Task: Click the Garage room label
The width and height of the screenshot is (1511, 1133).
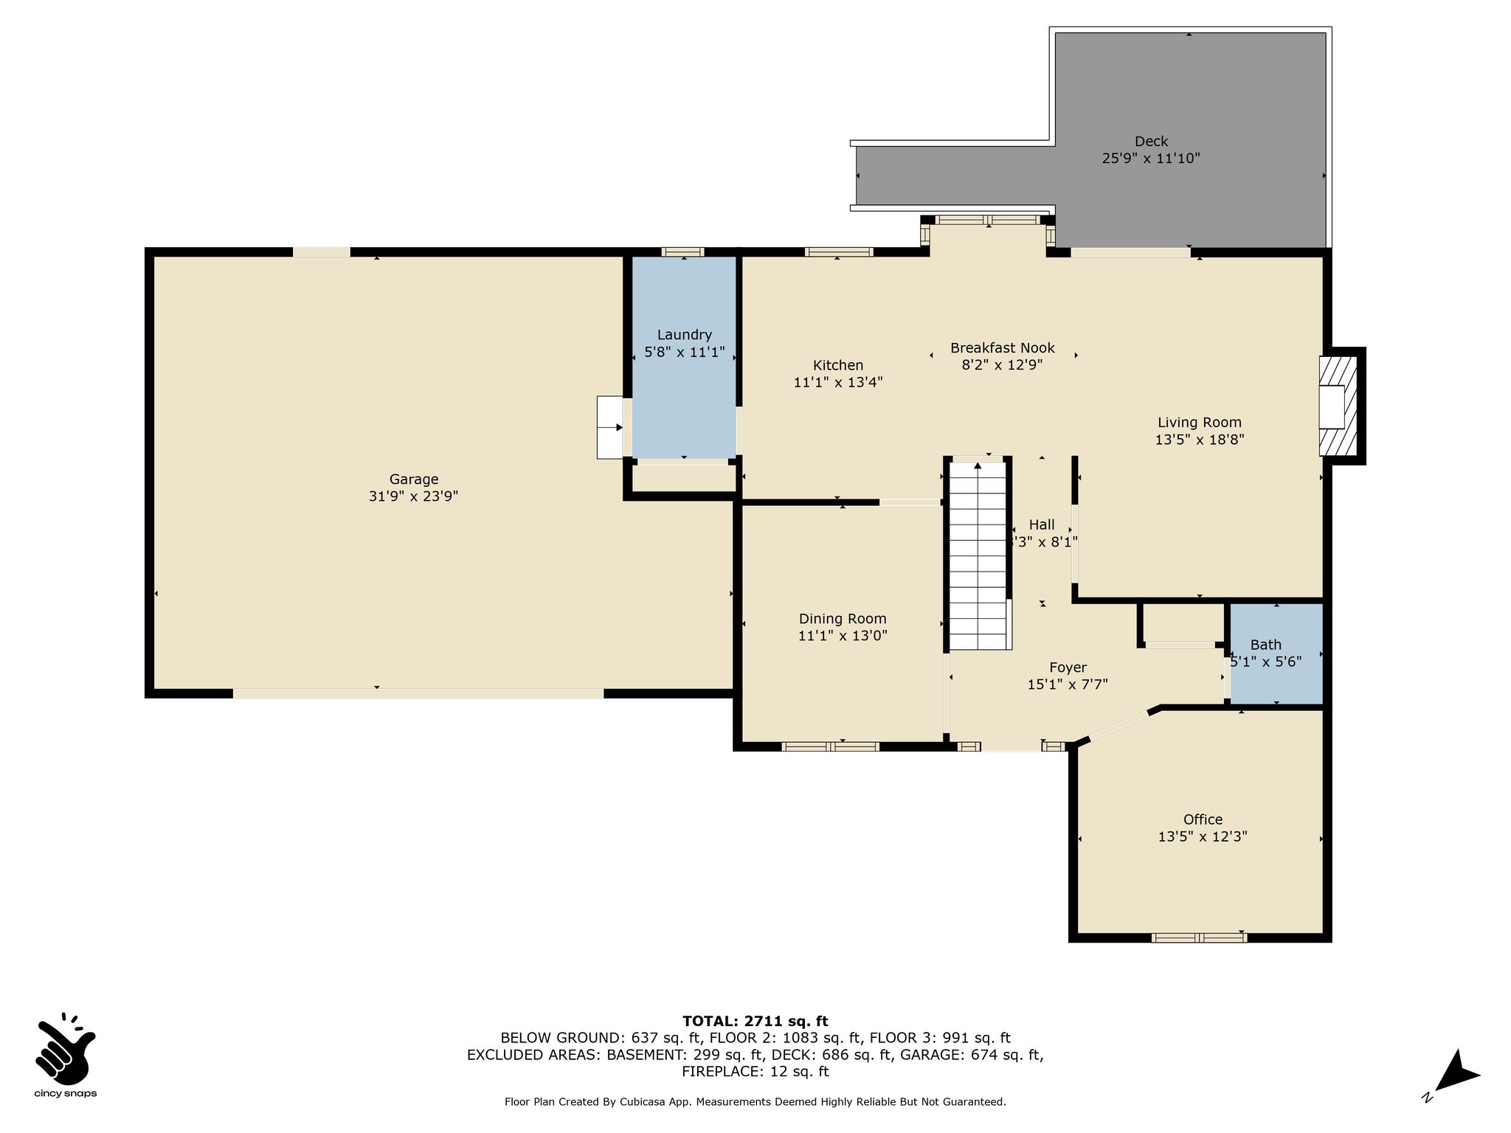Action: (414, 479)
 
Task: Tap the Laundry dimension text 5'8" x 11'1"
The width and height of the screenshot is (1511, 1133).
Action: (685, 352)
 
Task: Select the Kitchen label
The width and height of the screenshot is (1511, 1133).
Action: (838, 365)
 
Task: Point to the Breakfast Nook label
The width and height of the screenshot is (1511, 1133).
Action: (1003, 347)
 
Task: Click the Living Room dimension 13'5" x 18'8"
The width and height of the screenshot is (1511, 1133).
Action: (1200, 440)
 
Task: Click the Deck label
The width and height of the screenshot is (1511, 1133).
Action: (1152, 141)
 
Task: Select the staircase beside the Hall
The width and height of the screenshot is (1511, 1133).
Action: (978, 553)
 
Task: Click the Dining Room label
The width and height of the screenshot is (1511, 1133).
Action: (843, 619)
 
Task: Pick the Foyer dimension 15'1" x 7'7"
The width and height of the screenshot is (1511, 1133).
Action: (1068, 685)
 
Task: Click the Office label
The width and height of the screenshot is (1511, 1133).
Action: (1203, 820)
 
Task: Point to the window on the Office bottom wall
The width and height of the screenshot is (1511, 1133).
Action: (1199, 938)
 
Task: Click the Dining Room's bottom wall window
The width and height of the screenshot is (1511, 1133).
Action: (830, 746)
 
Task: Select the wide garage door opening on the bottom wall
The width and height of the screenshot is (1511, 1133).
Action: (418, 693)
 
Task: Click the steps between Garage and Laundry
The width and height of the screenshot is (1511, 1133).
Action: (610, 427)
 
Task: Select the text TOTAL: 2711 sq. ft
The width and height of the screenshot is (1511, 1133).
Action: (755, 1021)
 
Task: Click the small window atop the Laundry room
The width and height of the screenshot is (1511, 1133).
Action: (682, 252)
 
